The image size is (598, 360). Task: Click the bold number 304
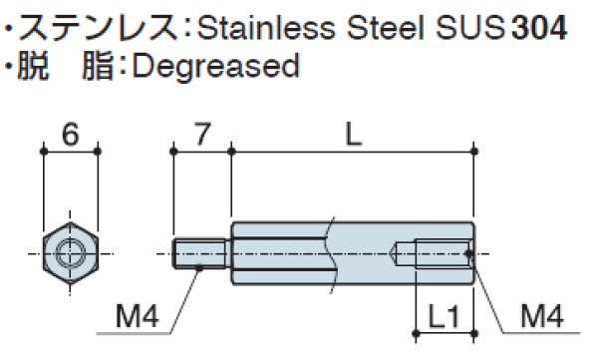pyautogui.click(x=538, y=28)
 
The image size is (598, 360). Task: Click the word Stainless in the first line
pyautogui.click(x=266, y=28)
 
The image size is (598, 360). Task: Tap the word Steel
pyautogui.click(x=386, y=28)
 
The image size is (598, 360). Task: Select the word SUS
pyautogui.click(x=470, y=28)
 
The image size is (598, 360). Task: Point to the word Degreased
pyautogui.click(x=215, y=67)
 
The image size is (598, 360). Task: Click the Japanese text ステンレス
pyautogui.click(x=99, y=28)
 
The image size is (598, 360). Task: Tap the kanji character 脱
pyautogui.click(x=34, y=66)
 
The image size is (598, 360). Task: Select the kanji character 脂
pyautogui.click(x=98, y=66)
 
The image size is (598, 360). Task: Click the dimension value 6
pyautogui.click(x=71, y=135)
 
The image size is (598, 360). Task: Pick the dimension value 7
pyautogui.click(x=202, y=135)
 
